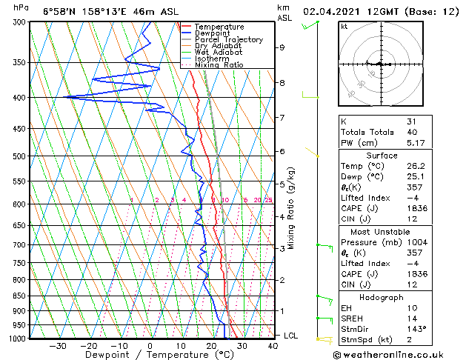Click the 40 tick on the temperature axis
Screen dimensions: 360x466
click(273, 345)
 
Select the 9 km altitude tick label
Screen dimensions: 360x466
click(282, 47)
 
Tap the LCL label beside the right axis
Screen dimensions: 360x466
click(292, 336)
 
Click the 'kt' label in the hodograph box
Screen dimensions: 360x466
click(344, 27)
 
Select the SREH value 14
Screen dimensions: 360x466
click(412, 318)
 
